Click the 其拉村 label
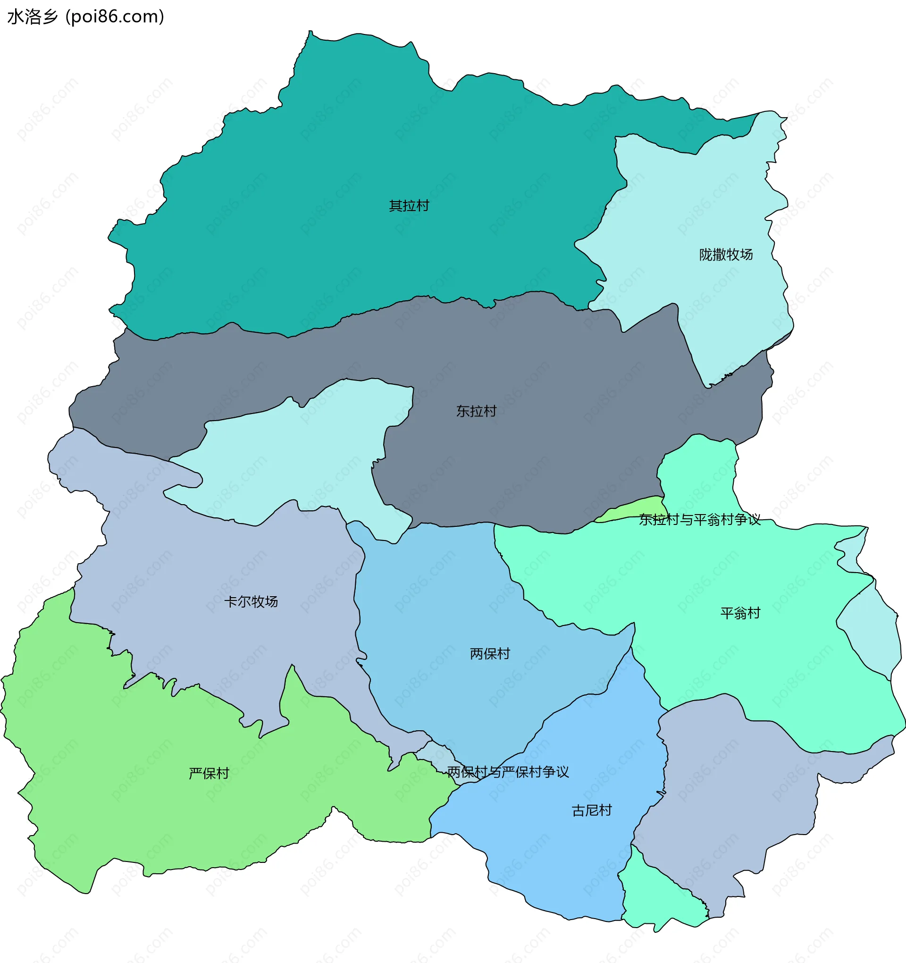[409, 206]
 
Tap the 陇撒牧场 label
[725, 255]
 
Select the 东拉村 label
[476, 411]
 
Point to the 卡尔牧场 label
[251, 601]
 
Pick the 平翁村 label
[740, 613]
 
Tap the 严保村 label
[209, 773]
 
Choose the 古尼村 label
[591, 810]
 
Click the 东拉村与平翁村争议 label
[699, 520]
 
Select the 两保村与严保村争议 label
[507, 772]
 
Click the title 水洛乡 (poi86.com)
[86, 17]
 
